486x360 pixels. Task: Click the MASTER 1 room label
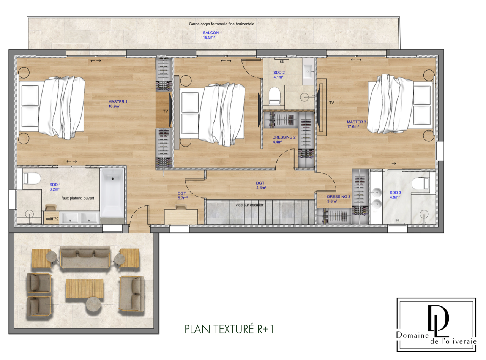pos(118,101)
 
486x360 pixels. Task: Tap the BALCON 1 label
pos(212,33)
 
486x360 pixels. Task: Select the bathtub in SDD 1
pos(112,193)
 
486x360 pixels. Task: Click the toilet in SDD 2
pos(275,96)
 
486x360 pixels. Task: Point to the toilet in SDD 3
pos(420,183)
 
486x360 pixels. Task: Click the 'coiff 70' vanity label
pos(52,219)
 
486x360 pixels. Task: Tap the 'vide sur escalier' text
pos(249,205)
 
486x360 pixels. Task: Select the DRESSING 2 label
pos(284,137)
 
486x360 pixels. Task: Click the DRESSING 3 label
pos(339,197)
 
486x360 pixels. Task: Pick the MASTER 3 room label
pos(356,122)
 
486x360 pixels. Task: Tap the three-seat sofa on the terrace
pos(85,257)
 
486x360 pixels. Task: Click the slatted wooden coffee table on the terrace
pos(84,289)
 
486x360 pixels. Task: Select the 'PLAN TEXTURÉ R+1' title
pos(229,329)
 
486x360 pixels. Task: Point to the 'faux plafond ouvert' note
pos(77,198)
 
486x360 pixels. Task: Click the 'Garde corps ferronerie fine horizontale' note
pos(221,24)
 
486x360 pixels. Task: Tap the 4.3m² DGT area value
pos(261,188)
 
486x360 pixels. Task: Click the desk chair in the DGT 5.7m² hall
pos(181,207)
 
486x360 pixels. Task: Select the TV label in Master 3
pos(331,103)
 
